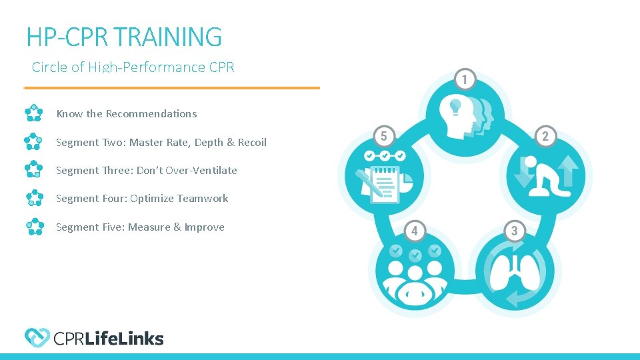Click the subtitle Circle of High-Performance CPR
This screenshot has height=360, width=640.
pos(133,67)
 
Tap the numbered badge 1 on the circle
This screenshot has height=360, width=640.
pos(465,79)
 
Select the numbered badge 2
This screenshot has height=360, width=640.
pos(545,137)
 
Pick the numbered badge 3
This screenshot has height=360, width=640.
pos(514,231)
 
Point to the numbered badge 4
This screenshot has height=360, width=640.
pos(414,231)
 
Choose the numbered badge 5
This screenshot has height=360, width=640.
pos(383,137)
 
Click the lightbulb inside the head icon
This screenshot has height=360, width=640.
pos(456,105)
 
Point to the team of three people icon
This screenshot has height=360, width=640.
pos(414,277)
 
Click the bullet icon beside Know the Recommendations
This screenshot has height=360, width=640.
pos(33,113)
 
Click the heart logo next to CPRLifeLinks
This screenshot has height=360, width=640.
pos(37,338)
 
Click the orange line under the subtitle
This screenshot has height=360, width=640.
pos(172,87)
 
